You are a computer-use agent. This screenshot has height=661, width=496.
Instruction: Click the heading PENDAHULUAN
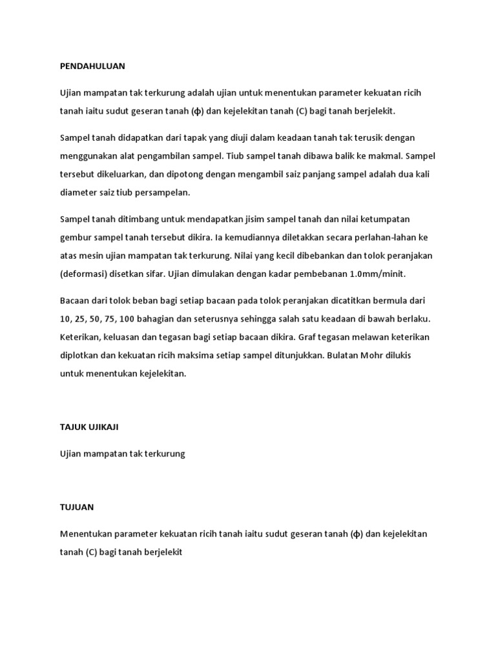(x=92, y=66)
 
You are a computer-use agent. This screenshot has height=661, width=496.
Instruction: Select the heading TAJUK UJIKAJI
(x=89, y=427)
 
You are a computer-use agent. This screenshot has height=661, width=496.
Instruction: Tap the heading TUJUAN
(x=77, y=507)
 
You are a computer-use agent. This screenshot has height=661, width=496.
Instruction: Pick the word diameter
(x=78, y=192)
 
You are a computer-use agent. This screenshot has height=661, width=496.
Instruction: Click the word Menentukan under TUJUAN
(x=87, y=534)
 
